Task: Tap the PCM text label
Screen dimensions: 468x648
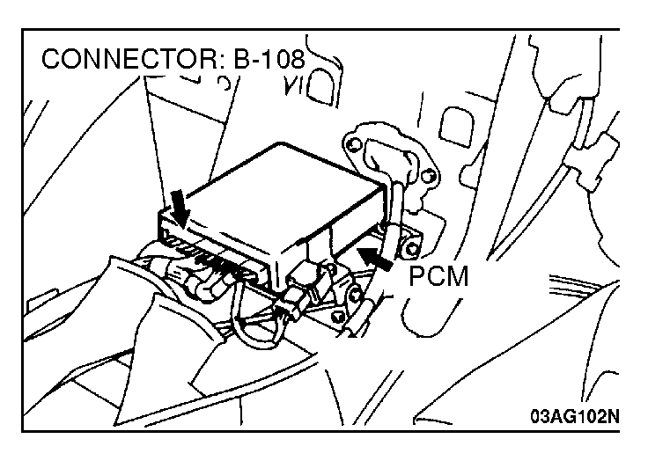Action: tap(438, 278)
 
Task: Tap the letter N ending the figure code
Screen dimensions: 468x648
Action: tap(614, 416)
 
